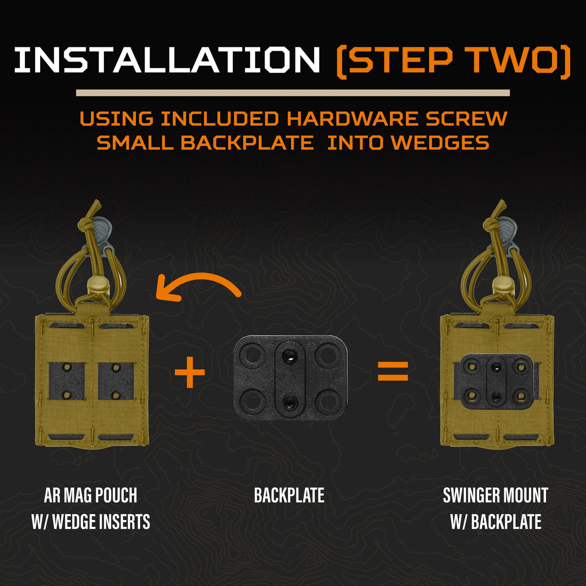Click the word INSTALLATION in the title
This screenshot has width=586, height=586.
point(167,60)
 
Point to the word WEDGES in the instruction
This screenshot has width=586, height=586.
point(440,143)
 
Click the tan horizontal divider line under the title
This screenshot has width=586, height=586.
point(293,93)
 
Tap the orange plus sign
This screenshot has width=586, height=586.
point(190,373)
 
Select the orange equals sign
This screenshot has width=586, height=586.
point(393,371)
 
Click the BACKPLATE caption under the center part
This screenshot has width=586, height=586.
point(289,495)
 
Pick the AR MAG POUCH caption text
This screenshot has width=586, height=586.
point(91,495)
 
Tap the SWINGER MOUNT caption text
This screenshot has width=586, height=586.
point(496,495)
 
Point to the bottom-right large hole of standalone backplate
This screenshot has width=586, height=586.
point(328,403)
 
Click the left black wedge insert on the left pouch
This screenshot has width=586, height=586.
point(66,381)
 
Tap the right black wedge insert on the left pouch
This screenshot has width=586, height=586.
point(116,381)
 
